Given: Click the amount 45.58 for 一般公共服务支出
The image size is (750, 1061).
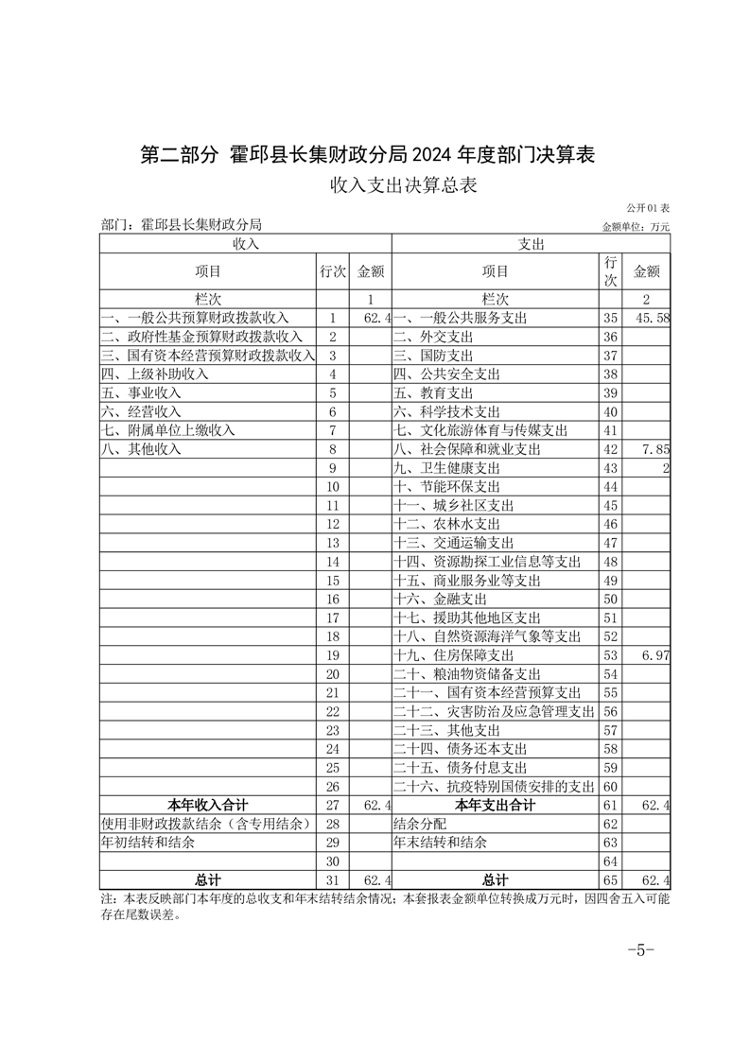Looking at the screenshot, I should point(652,318).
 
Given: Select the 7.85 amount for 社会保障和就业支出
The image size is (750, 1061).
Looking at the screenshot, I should point(654,449).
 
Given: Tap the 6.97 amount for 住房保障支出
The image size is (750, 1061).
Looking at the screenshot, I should point(654,655).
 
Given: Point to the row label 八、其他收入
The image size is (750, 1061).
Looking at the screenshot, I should point(141,449).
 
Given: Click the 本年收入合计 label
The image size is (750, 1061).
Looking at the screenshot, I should point(209,806).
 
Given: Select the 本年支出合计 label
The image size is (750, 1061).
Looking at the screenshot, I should point(495,806).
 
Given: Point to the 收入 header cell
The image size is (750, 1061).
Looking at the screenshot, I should point(245,244).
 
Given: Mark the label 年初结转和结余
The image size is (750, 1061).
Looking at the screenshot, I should point(148,843).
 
